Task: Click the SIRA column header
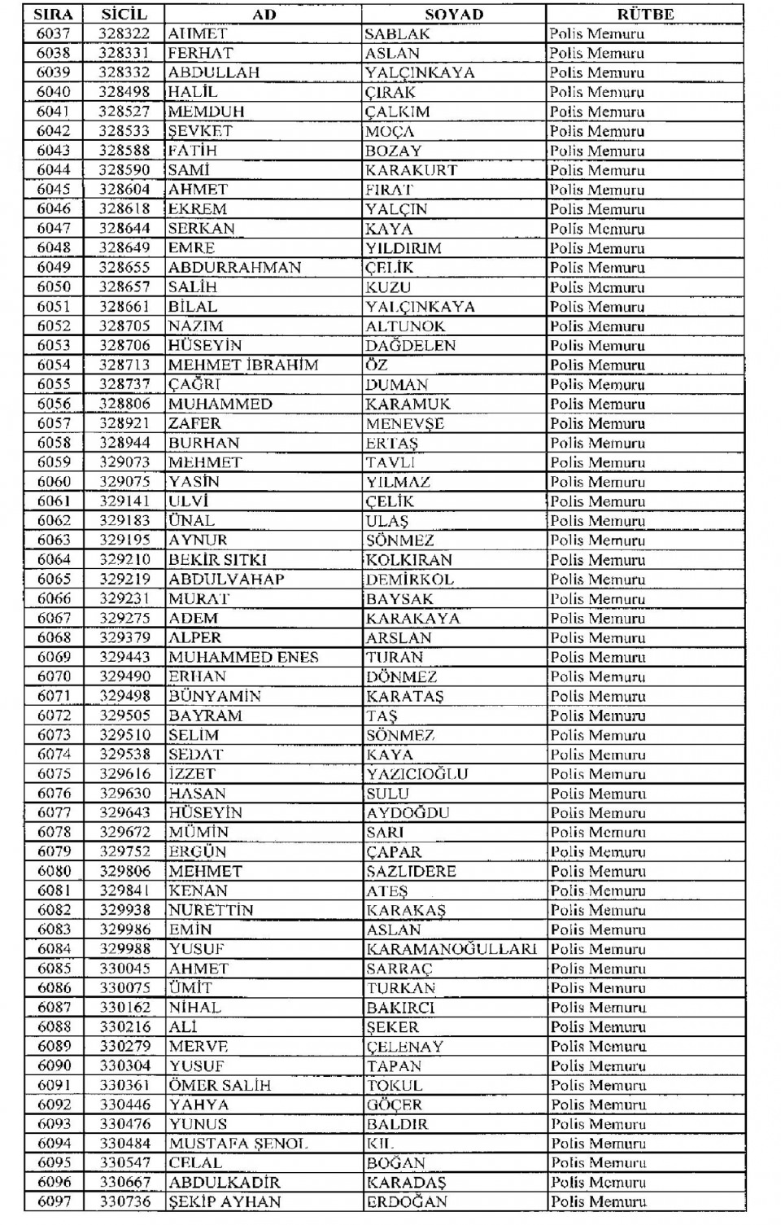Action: coord(54,14)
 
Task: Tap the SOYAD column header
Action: coord(454,14)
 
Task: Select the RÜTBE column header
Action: coord(645,14)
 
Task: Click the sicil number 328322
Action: coord(124,33)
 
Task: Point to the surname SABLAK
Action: coord(397,34)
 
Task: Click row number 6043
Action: coord(54,151)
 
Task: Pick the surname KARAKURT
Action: coord(411,170)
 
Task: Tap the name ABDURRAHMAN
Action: coord(234,268)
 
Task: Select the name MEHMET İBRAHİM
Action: coord(242,365)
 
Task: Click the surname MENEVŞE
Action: coord(404,423)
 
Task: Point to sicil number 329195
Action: coord(124,540)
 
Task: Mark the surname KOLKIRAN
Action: coord(408,560)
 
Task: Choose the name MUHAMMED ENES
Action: coord(243,657)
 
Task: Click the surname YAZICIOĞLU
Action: coord(417,774)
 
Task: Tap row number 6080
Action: coord(54,871)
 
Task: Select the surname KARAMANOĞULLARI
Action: coord(452,949)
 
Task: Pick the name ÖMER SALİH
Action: coord(220,1085)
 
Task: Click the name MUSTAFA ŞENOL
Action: coord(238,1144)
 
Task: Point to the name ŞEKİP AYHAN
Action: coord(225,1202)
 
